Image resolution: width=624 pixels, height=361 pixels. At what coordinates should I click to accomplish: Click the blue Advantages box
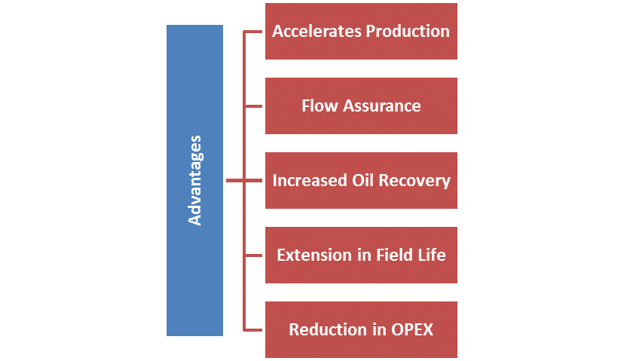[194, 180]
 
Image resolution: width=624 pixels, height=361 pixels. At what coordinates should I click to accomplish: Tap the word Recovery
[417, 181]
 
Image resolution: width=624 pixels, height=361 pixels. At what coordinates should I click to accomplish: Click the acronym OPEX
[411, 329]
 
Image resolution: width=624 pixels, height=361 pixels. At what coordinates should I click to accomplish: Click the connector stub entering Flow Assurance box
[254, 106]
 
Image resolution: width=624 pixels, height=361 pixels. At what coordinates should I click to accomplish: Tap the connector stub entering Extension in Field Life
[254, 255]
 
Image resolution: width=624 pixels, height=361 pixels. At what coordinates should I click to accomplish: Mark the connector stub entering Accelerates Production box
[254, 32]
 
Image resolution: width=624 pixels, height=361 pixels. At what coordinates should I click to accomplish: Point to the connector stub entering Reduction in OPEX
[254, 329]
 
